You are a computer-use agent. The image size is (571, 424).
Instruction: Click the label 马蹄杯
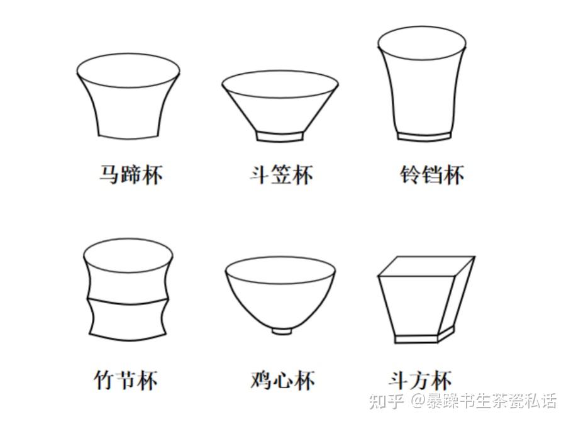[x=131, y=175]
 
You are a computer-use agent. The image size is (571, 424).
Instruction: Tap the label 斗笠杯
[x=281, y=175]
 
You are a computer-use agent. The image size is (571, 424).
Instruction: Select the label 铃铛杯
[x=432, y=175]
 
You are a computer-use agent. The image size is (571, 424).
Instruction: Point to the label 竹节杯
[x=126, y=380]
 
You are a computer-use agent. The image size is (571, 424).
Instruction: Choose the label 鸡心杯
[x=282, y=380]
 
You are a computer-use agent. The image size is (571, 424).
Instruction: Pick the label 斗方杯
[x=420, y=380]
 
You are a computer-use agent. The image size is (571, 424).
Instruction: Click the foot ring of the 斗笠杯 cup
[x=280, y=136]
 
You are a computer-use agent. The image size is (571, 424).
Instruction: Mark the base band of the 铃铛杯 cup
[x=424, y=137]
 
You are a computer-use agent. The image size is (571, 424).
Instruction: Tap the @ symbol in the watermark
[x=418, y=401]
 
